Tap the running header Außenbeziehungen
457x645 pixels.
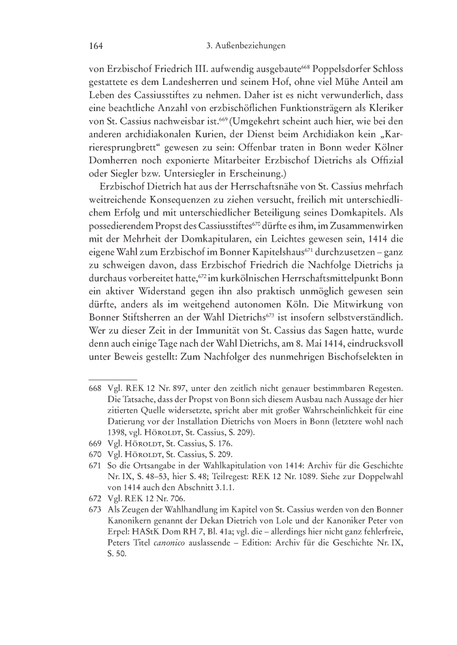coord(249,46)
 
